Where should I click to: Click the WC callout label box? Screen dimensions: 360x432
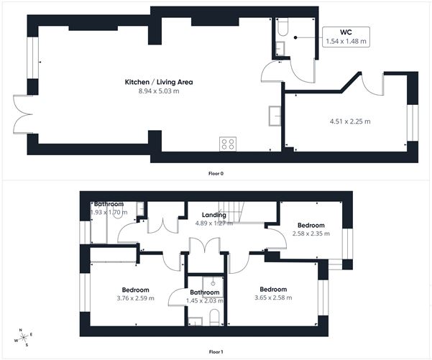pyautogui.click(x=345, y=37)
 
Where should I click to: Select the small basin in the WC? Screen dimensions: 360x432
pyautogui.click(x=280, y=49)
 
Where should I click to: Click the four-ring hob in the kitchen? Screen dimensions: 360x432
pyautogui.click(x=228, y=143)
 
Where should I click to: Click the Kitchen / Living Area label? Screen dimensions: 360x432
pyautogui.click(x=159, y=82)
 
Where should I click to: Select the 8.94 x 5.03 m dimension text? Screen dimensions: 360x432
pyautogui.click(x=159, y=91)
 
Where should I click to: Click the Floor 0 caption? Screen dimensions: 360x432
pyautogui.click(x=216, y=173)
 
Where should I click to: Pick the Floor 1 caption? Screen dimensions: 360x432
pyautogui.click(x=216, y=351)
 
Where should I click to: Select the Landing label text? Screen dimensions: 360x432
pyautogui.click(x=214, y=215)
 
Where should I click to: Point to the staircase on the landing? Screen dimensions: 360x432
pyautogui.click(x=242, y=211)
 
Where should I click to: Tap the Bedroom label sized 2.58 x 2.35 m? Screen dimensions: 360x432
pyautogui.click(x=312, y=225)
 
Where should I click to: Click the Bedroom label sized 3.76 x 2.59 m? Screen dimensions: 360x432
pyautogui.click(x=134, y=290)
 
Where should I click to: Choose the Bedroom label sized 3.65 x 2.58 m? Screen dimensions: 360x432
pyautogui.click(x=274, y=290)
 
